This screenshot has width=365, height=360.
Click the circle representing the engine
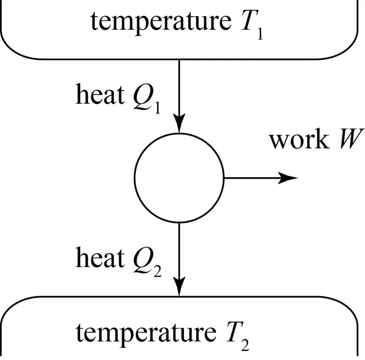pyautogui.click(x=178, y=177)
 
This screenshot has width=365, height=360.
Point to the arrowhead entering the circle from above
pyautogui.click(x=178, y=127)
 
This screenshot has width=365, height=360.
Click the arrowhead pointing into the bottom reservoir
pyautogui.click(x=178, y=288)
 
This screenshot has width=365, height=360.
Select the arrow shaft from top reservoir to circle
pyautogui.click(x=178, y=89)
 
